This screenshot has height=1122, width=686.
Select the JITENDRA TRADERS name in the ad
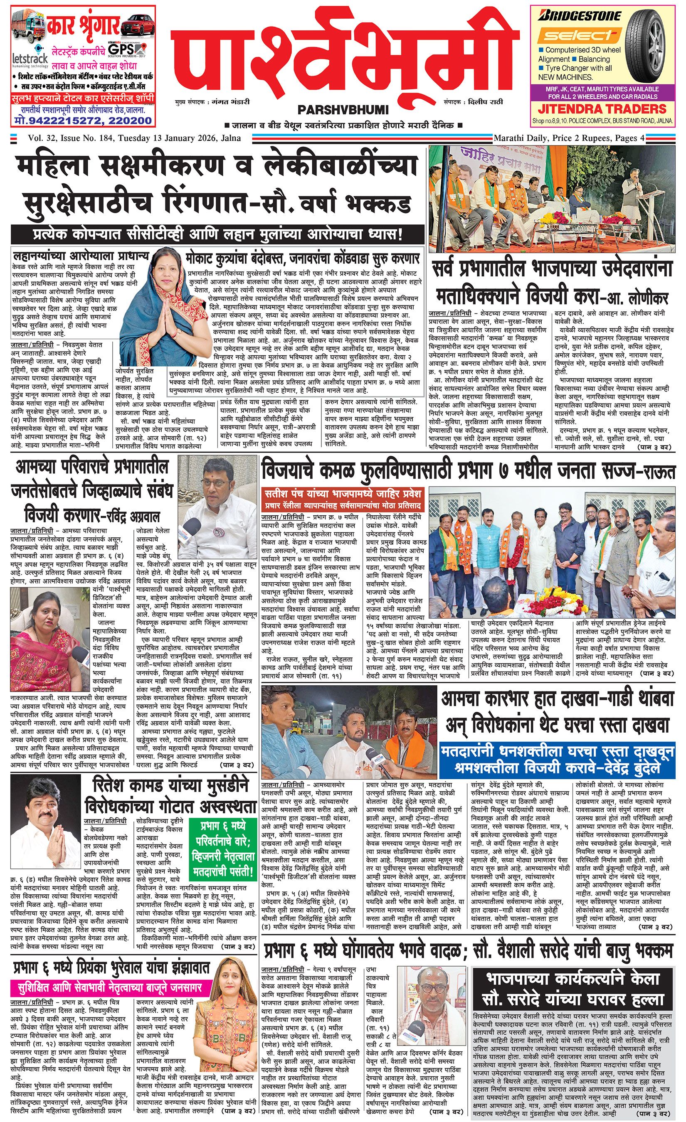[602, 109]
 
